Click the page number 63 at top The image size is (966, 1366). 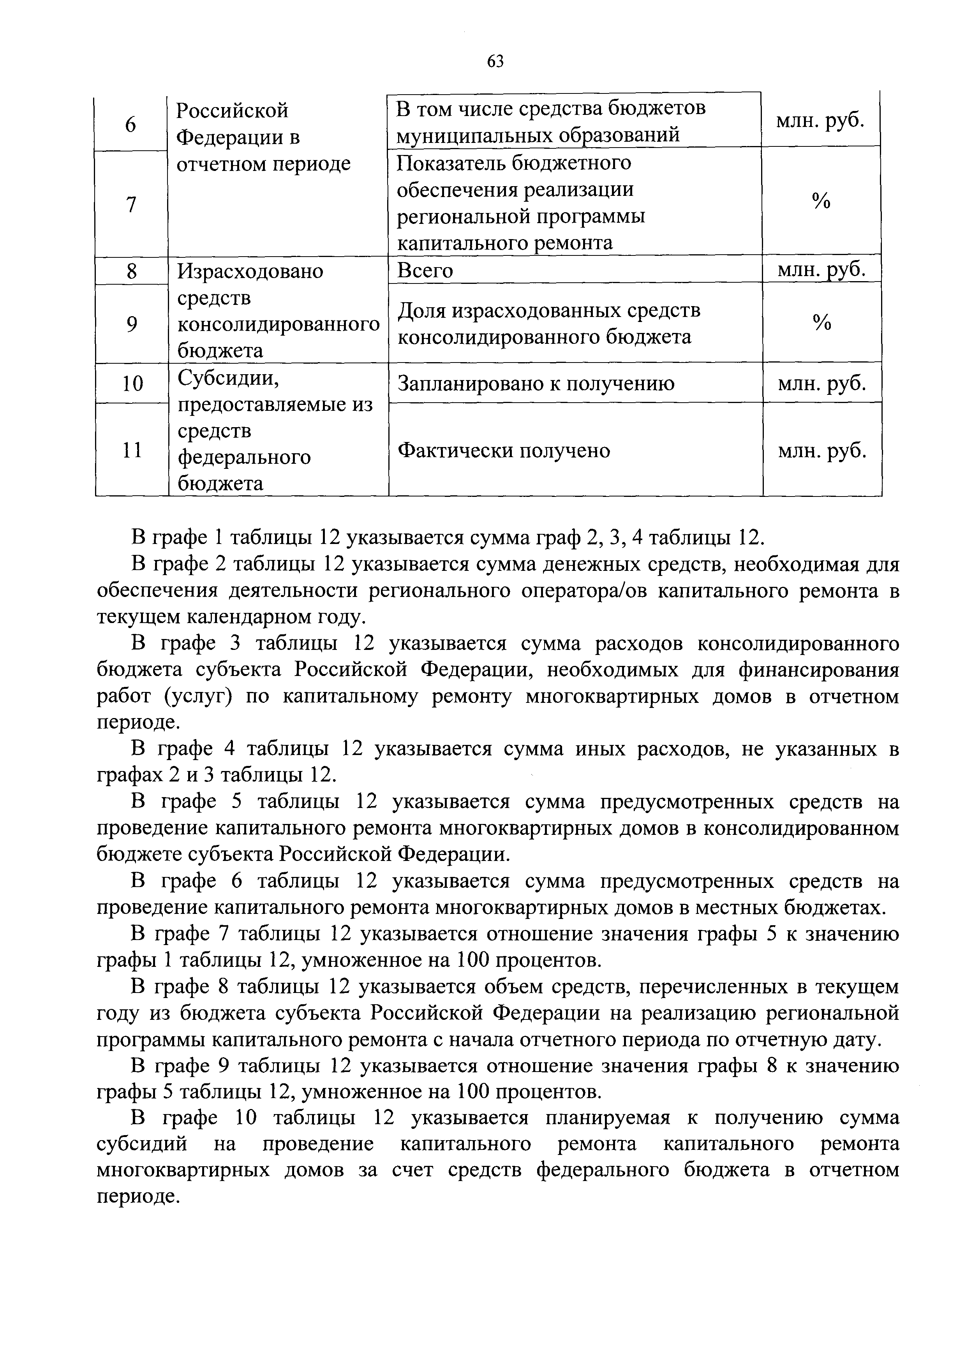[495, 61]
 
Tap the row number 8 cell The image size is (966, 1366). [132, 272]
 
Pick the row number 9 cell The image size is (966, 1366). [132, 324]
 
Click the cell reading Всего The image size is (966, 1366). [425, 271]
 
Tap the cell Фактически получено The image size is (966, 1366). [504, 451]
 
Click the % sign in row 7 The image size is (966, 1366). [821, 202]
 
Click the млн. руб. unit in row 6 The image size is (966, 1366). [820, 121]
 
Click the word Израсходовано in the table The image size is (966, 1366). [250, 272]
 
